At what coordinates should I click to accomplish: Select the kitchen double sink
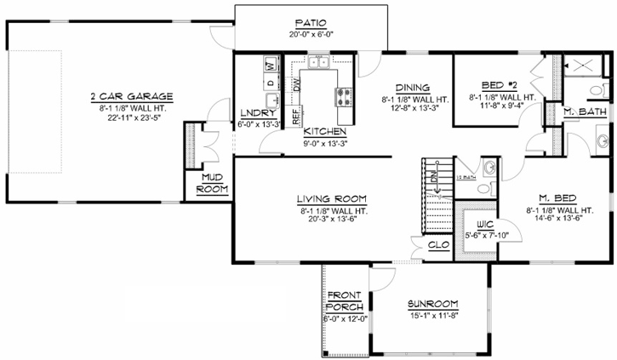[318, 61]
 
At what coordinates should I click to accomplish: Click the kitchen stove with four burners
[346, 94]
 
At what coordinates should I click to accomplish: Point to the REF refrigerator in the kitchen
[295, 115]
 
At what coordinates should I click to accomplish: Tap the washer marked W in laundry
[270, 66]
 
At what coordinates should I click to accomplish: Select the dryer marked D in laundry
[270, 83]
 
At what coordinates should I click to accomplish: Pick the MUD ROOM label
[212, 183]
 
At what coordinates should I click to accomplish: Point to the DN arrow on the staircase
[434, 179]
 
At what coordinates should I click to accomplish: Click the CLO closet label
[439, 244]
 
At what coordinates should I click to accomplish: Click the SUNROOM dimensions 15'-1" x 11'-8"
[432, 317]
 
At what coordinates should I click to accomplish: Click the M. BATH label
[586, 112]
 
